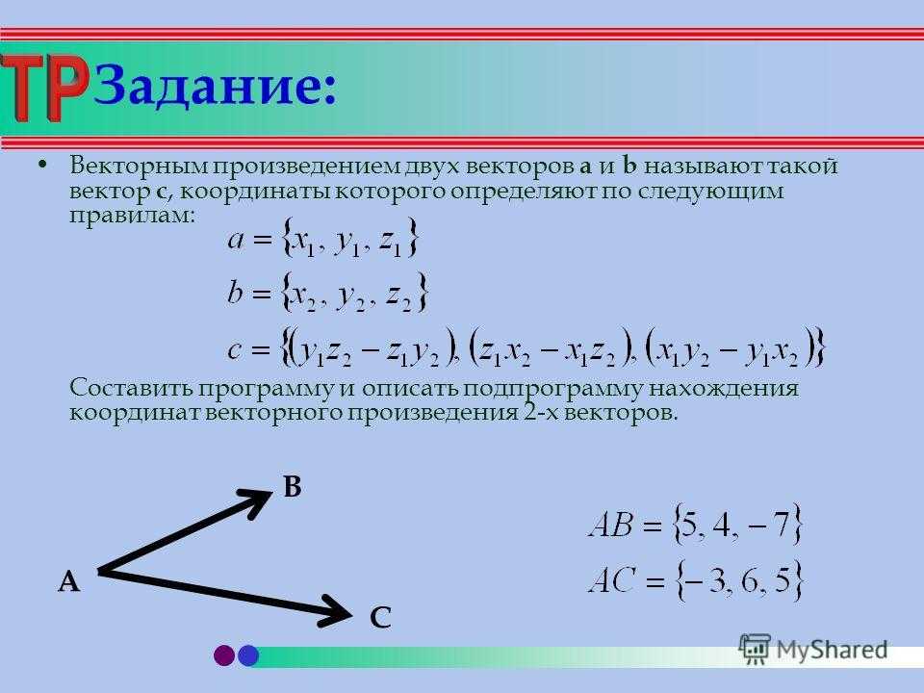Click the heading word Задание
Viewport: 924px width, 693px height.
pyautogui.click(x=215, y=87)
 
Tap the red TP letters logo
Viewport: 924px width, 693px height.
pyautogui.click(x=43, y=87)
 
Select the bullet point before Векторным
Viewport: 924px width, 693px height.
pyautogui.click(x=41, y=165)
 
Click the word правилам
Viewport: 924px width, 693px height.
pyautogui.click(x=132, y=216)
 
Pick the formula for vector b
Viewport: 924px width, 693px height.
pyautogui.click(x=327, y=293)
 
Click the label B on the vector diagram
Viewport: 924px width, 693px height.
pyautogui.click(x=293, y=487)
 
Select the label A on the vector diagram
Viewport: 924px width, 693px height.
pyautogui.click(x=69, y=581)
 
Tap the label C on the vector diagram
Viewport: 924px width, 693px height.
pyautogui.click(x=381, y=618)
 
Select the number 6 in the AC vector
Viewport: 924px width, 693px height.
pyautogui.click(x=750, y=581)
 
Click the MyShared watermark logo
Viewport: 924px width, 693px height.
pyautogui.click(x=813, y=650)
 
